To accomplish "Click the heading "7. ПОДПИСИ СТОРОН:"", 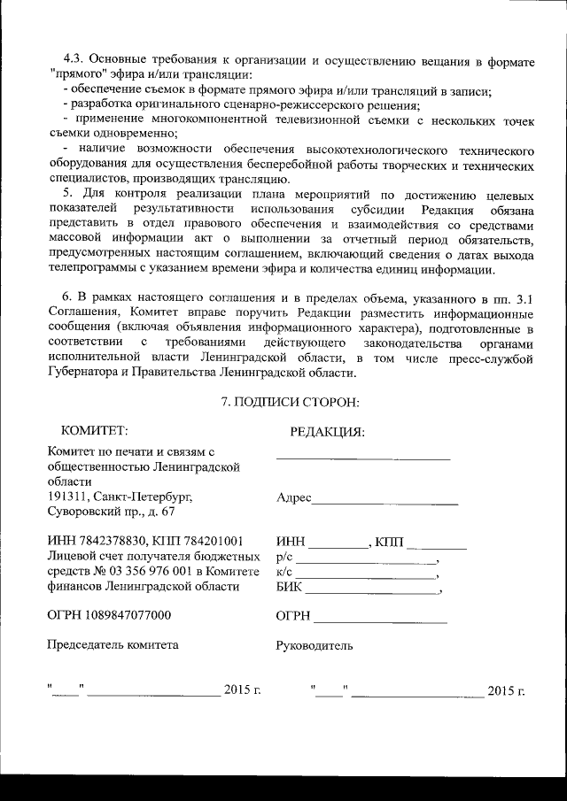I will pyautogui.click(x=289, y=403).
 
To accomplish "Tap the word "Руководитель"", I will pyautogui.click(x=315, y=645).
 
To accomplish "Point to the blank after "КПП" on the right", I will pyautogui.click(x=436, y=546).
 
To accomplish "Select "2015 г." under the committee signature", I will pyautogui.click(x=242, y=689).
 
